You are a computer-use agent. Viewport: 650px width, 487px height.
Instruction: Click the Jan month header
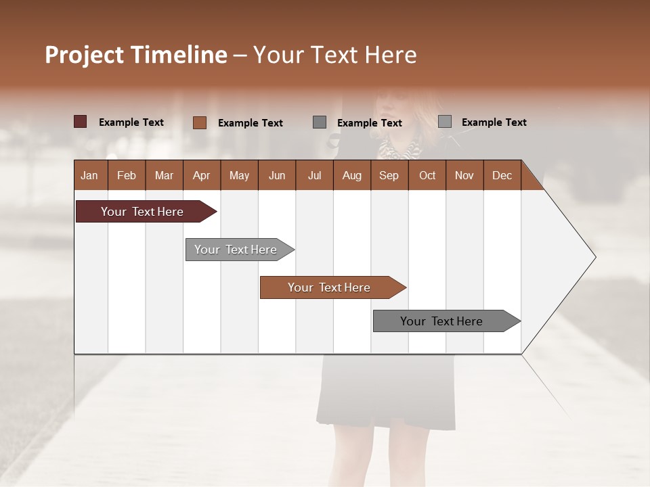click(89, 175)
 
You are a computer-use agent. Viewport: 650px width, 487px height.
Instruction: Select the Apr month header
click(201, 175)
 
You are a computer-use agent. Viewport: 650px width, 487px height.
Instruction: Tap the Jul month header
click(314, 175)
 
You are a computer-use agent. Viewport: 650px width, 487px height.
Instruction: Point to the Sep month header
click(389, 175)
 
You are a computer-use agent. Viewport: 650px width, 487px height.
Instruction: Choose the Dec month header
click(502, 175)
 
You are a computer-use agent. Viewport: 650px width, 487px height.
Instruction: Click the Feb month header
click(127, 175)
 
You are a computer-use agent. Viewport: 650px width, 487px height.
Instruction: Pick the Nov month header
click(464, 175)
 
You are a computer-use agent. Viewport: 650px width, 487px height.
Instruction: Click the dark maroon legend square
click(80, 122)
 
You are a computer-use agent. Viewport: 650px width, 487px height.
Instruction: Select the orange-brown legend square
click(199, 122)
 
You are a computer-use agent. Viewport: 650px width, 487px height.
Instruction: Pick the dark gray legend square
click(320, 122)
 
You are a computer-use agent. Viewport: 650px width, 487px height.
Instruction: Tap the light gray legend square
click(445, 122)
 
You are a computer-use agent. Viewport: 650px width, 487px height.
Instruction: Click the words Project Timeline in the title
click(135, 55)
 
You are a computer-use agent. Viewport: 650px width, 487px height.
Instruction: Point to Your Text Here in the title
click(335, 55)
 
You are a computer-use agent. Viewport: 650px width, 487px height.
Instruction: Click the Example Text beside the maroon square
click(131, 122)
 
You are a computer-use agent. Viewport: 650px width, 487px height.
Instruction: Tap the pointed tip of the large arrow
click(593, 257)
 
